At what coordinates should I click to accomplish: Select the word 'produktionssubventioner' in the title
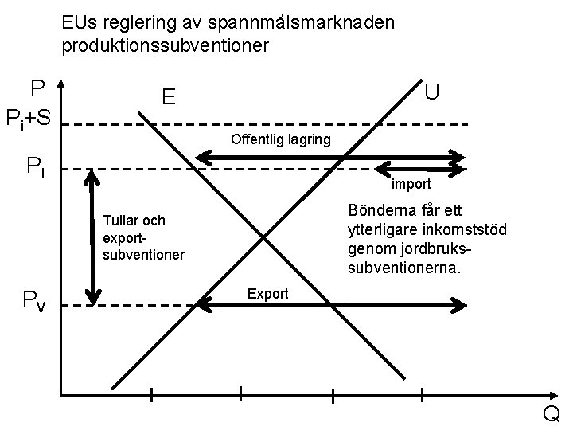[x=166, y=46]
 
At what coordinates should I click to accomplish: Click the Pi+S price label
[x=29, y=119]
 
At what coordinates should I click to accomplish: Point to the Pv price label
[x=34, y=299]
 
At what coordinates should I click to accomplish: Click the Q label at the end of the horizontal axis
[x=551, y=413]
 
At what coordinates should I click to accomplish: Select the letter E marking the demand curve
[x=168, y=97]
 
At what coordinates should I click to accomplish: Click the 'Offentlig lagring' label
[x=280, y=140]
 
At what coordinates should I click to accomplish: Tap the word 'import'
[x=411, y=184]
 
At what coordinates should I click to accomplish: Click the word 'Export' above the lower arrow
[x=267, y=293]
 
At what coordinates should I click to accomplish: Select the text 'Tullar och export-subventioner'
[x=143, y=237]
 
